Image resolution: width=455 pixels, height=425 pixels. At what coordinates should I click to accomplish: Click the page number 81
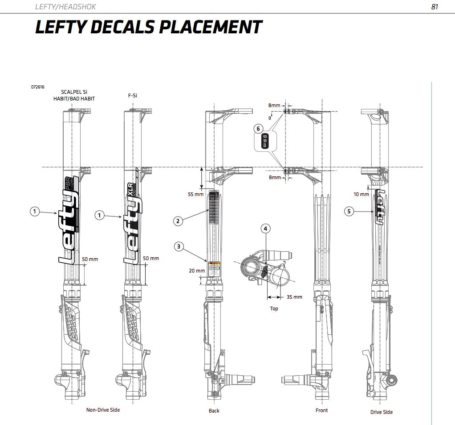(435, 7)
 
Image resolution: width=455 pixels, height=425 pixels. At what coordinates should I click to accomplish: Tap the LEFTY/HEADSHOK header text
(65, 7)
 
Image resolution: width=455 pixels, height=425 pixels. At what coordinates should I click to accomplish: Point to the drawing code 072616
(37, 87)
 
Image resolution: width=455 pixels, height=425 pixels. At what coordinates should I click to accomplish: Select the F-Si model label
(132, 95)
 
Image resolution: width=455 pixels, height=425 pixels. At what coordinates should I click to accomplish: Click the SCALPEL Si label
(74, 92)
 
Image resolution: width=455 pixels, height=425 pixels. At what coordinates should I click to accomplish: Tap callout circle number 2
(178, 221)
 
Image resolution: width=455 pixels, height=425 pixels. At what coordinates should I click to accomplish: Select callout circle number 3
(178, 246)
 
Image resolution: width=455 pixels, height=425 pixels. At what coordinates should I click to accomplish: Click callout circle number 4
(265, 229)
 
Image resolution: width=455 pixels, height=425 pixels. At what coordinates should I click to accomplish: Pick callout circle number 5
(349, 212)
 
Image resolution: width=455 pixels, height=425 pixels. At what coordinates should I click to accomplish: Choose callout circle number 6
(258, 129)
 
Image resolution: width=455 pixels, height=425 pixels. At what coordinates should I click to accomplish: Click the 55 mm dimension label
(195, 194)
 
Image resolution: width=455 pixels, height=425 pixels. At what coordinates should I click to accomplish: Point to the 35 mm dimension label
(294, 297)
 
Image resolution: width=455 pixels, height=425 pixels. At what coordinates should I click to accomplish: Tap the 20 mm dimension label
(197, 270)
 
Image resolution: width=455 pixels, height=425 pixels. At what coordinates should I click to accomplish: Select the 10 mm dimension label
(362, 194)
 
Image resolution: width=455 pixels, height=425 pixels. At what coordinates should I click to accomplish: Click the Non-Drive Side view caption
(103, 410)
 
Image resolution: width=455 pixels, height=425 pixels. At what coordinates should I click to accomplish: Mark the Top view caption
(274, 309)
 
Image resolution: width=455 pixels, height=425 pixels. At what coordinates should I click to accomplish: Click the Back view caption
(214, 411)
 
